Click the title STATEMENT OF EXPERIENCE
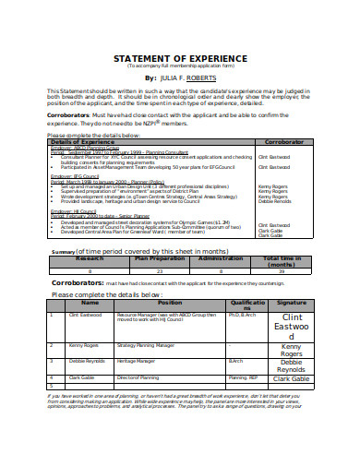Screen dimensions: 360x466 pos(182,59)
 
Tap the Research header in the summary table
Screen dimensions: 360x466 pos(90,259)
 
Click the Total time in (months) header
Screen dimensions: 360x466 pos(282,262)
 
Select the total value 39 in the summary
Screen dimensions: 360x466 pos(282,271)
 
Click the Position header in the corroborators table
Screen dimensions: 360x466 pos(170,303)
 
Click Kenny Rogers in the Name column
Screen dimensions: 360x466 pos(82,344)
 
